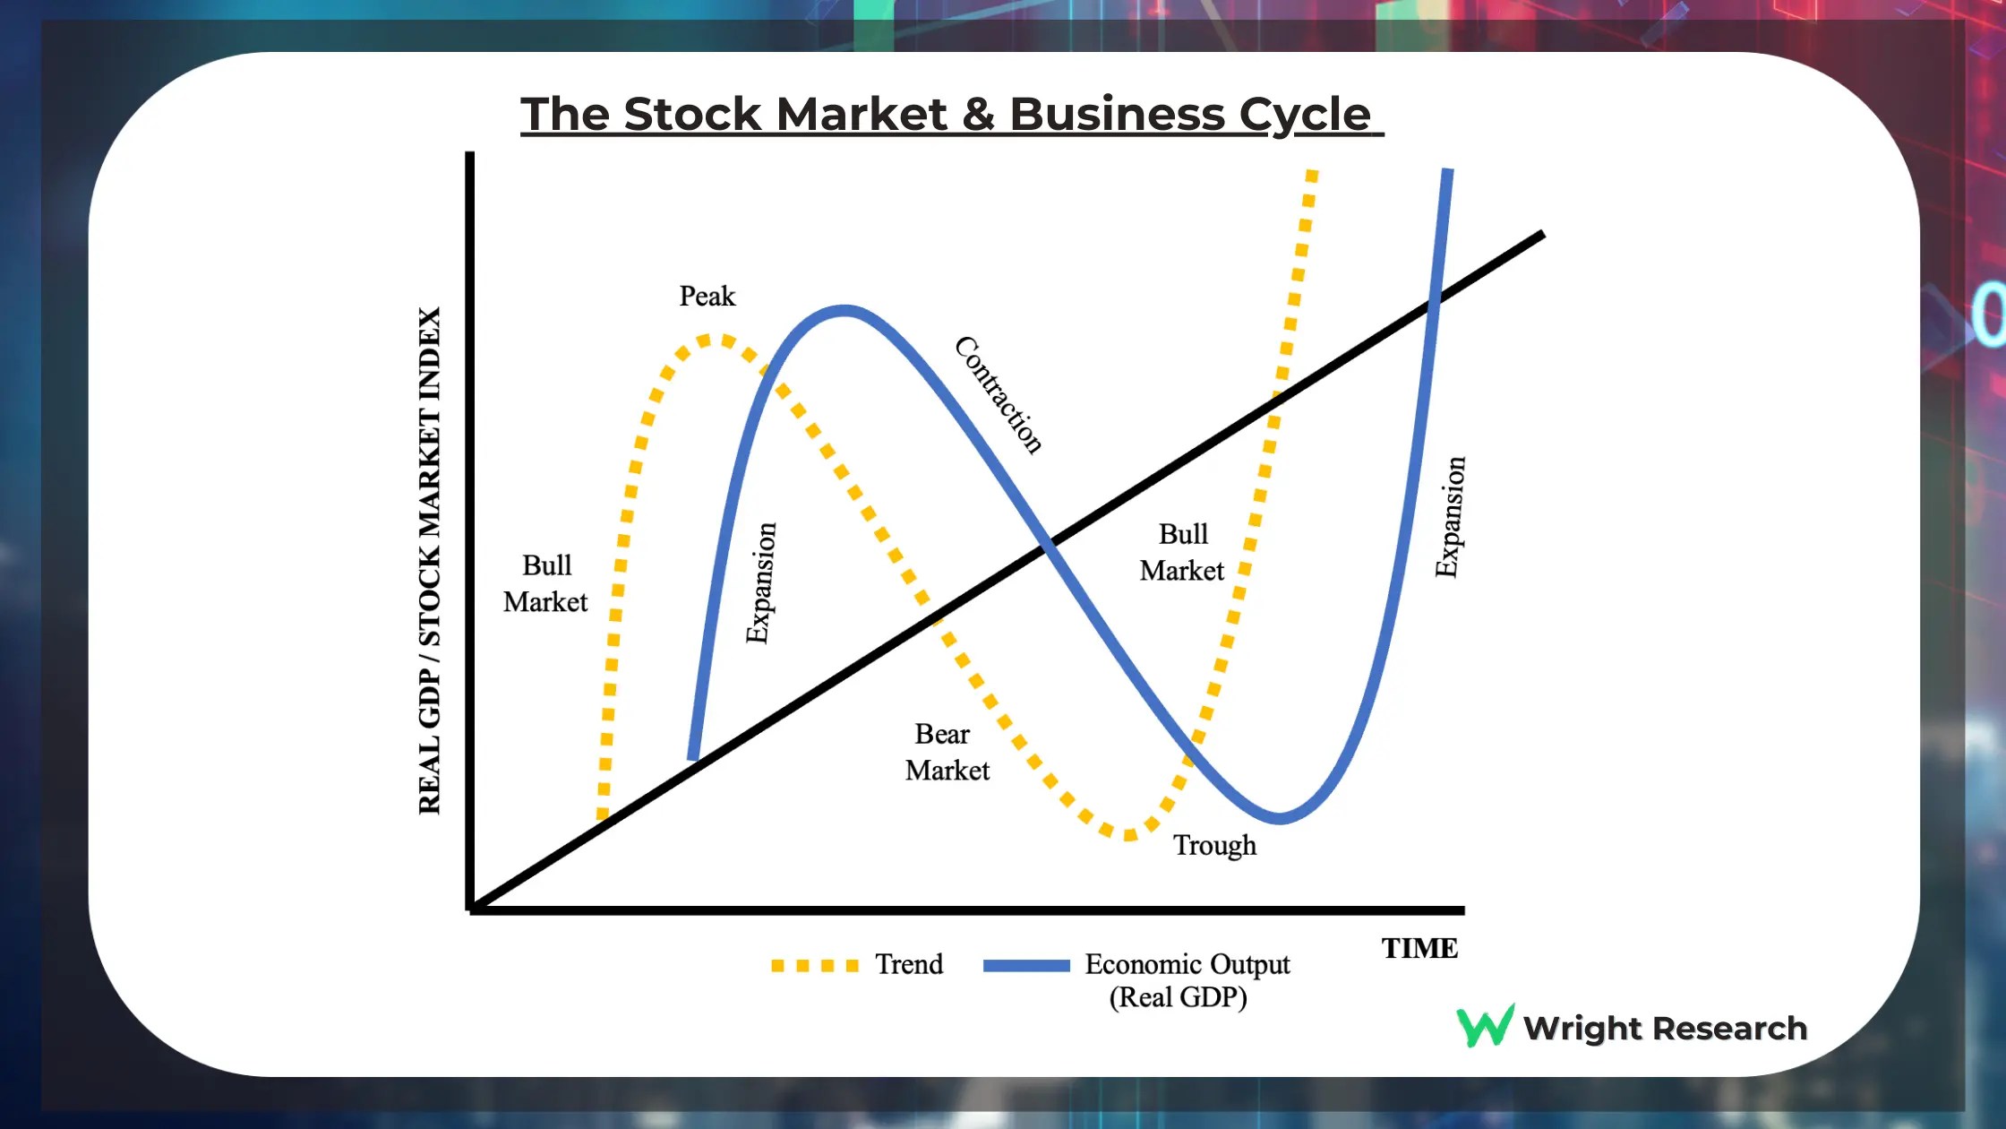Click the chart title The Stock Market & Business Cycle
(951, 115)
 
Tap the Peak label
(707, 297)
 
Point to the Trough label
(1214, 845)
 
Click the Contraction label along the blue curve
(998, 395)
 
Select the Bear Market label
(946, 753)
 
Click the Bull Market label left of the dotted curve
(545, 583)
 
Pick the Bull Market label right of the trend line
(1182, 552)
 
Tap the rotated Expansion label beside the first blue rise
(761, 582)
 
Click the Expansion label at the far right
(1450, 517)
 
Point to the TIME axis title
(1419, 948)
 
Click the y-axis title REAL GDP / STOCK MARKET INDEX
(430, 561)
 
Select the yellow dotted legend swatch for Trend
(814, 966)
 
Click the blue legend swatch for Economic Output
(1026, 966)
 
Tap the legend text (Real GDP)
(1178, 997)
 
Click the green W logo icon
(1485, 1027)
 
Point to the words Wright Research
(1665, 1029)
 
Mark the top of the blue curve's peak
(844, 311)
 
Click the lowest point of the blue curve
(1280, 818)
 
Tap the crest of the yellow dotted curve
(714, 340)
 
